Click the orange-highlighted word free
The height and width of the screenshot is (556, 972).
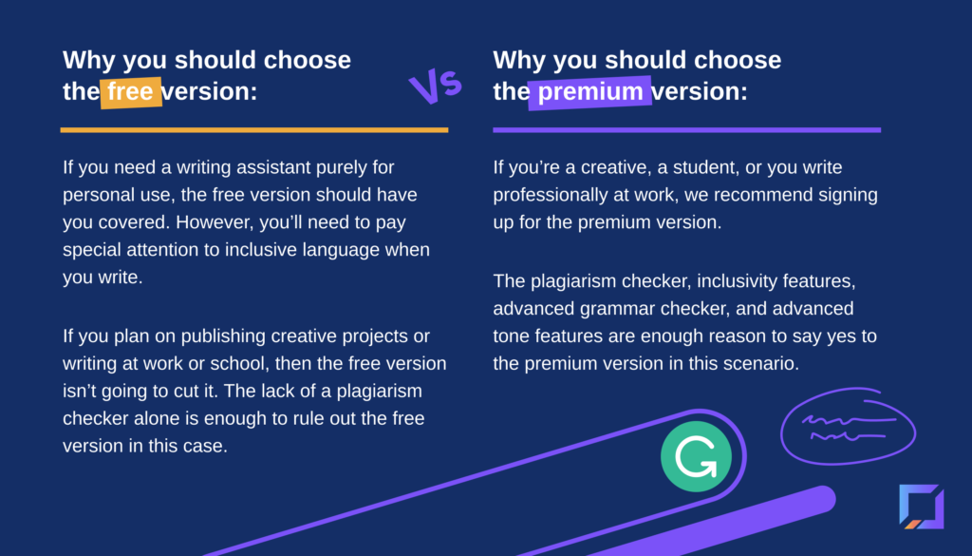tap(130, 92)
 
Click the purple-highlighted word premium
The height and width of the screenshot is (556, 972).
tap(590, 92)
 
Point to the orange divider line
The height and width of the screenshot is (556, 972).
tap(254, 129)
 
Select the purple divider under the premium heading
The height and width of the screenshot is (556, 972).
tap(687, 129)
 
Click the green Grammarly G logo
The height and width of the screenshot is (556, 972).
tap(696, 456)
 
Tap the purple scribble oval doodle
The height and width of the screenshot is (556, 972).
tap(848, 427)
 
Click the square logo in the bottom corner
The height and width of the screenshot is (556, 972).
tap(922, 507)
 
